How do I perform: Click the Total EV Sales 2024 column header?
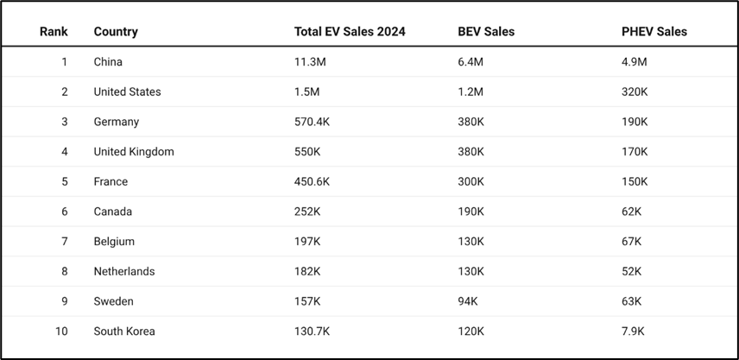tap(350, 32)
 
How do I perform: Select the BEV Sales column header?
tap(486, 32)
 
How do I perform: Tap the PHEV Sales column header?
tap(654, 32)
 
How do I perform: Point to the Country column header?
tap(116, 32)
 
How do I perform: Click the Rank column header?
tap(54, 32)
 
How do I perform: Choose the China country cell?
tap(108, 62)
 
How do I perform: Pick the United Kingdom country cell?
tap(134, 152)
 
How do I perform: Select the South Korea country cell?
tap(124, 332)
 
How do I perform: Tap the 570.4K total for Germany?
tap(312, 122)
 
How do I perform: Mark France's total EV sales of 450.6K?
tap(312, 182)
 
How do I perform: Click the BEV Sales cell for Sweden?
tap(468, 301)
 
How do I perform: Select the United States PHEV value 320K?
tap(635, 92)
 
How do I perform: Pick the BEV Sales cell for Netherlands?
tap(471, 272)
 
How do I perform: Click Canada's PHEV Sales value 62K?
tap(631, 212)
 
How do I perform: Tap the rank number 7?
tap(64, 242)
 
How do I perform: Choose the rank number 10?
tap(60, 332)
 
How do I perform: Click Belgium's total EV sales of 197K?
tap(307, 242)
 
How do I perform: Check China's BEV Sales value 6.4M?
tap(471, 62)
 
